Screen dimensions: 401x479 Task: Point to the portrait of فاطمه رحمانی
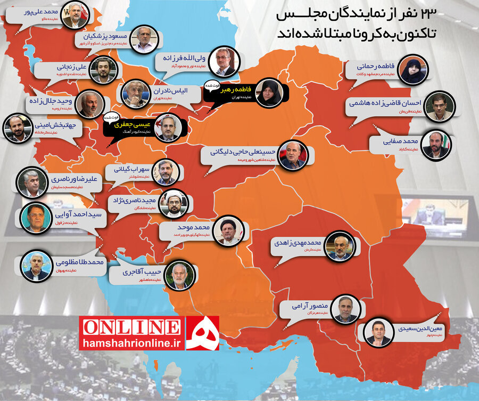click(414, 71)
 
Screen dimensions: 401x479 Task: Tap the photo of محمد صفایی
click(436, 145)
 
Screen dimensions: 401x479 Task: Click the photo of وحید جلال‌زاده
click(89, 104)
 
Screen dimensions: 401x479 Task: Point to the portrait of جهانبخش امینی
click(18, 128)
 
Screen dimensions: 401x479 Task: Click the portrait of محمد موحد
click(232, 230)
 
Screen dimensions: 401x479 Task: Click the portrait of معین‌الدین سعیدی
click(378, 332)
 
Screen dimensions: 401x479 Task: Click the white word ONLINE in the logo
click(131, 326)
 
